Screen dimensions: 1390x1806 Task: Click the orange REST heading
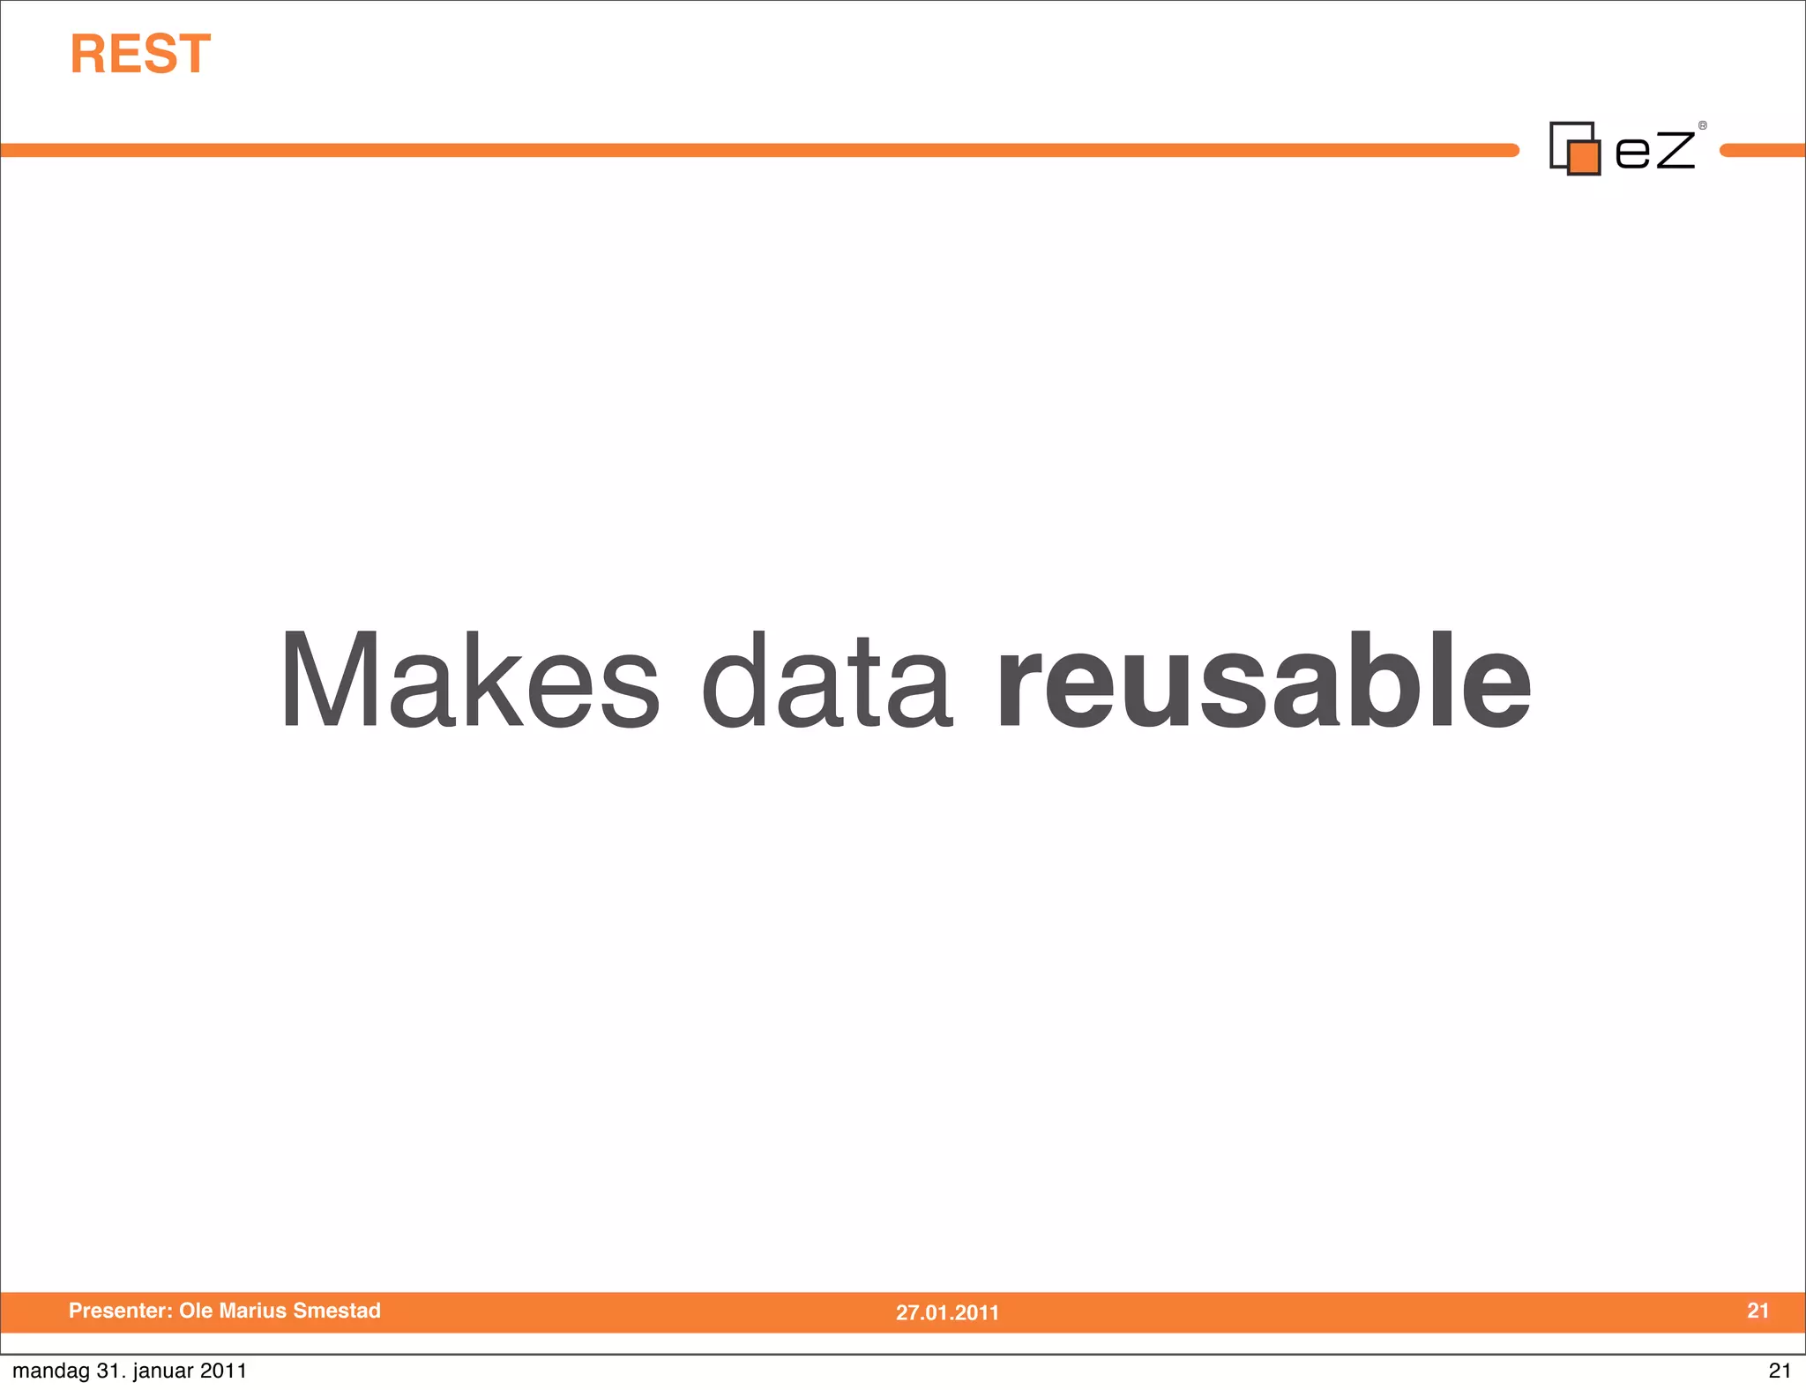tap(140, 55)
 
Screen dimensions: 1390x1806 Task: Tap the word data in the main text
tap(826, 681)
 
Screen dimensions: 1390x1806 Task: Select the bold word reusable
tap(1263, 681)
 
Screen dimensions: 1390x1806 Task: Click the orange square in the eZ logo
tap(1584, 157)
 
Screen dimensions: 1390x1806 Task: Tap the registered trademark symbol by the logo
tap(1702, 126)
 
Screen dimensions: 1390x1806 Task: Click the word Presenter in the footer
tap(120, 1311)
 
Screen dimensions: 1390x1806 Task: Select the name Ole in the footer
tap(195, 1311)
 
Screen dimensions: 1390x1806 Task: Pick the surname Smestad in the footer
tap(337, 1311)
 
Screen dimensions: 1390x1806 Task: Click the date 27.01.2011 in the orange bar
tap(947, 1312)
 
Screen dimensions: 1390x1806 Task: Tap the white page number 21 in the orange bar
tap(1757, 1311)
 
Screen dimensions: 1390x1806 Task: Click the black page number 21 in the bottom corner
tap(1780, 1371)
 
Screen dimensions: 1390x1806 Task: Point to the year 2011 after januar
tap(223, 1371)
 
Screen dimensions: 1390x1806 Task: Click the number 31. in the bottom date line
tap(110, 1371)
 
